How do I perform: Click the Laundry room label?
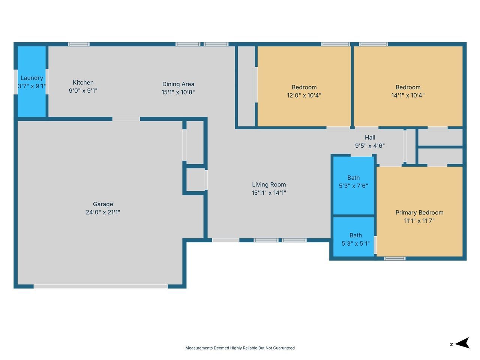[32, 78]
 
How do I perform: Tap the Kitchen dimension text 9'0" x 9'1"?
[83, 90]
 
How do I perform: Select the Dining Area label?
[178, 84]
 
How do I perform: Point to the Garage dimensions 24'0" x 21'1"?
[103, 212]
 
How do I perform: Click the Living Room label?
[269, 185]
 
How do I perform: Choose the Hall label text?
[370, 138]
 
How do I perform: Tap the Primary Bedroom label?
[419, 213]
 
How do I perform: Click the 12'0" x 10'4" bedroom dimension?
[304, 95]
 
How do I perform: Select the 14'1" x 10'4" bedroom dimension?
[408, 95]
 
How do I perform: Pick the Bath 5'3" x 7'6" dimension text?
[354, 186]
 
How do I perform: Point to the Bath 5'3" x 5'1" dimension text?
[356, 243]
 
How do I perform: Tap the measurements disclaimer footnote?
[240, 348]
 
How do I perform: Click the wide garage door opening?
[100, 286]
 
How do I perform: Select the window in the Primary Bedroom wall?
[395, 259]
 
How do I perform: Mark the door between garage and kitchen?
[126, 119]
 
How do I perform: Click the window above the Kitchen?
[79, 44]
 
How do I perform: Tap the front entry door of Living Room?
[226, 240]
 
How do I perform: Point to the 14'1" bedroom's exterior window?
[373, 44]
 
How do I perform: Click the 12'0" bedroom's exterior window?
[336, 44]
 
